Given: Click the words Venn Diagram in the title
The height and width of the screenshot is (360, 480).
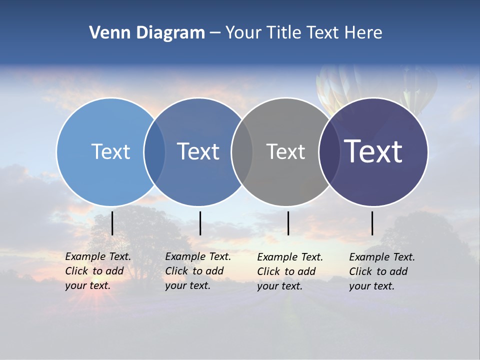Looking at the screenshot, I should pyautogui.click(x=147, y=33).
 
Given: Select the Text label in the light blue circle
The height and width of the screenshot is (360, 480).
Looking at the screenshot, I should pyautogui.click(x=110, y=151).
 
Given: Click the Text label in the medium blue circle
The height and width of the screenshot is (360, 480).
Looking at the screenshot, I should pyautogui.click(x=198, y=151).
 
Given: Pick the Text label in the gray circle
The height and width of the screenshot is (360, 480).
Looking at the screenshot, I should pyautogui.click(x=285, y=151).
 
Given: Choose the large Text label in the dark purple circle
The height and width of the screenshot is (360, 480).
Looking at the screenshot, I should pyautogui.click(x=373, y=151).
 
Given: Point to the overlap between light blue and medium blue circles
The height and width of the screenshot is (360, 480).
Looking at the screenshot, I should pyautogui.click(x=154, y=151).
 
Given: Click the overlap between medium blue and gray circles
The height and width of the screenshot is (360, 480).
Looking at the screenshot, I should pyautogui.click(x=242, y=151).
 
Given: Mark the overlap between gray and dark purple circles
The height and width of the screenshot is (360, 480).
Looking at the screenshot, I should pyautogui.click(x=329, y=151).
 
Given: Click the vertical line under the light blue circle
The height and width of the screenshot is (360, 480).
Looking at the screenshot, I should pyautogui.click(x=112, y=223).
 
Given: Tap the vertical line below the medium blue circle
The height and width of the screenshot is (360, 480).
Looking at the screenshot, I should pyautogui.click(x=200, y=223).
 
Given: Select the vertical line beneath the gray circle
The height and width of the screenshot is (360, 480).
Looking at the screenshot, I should pyautogui.click(x=288, y=223).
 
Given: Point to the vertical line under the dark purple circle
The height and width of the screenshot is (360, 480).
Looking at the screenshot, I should pyautogui.click(x=372, y=223).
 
